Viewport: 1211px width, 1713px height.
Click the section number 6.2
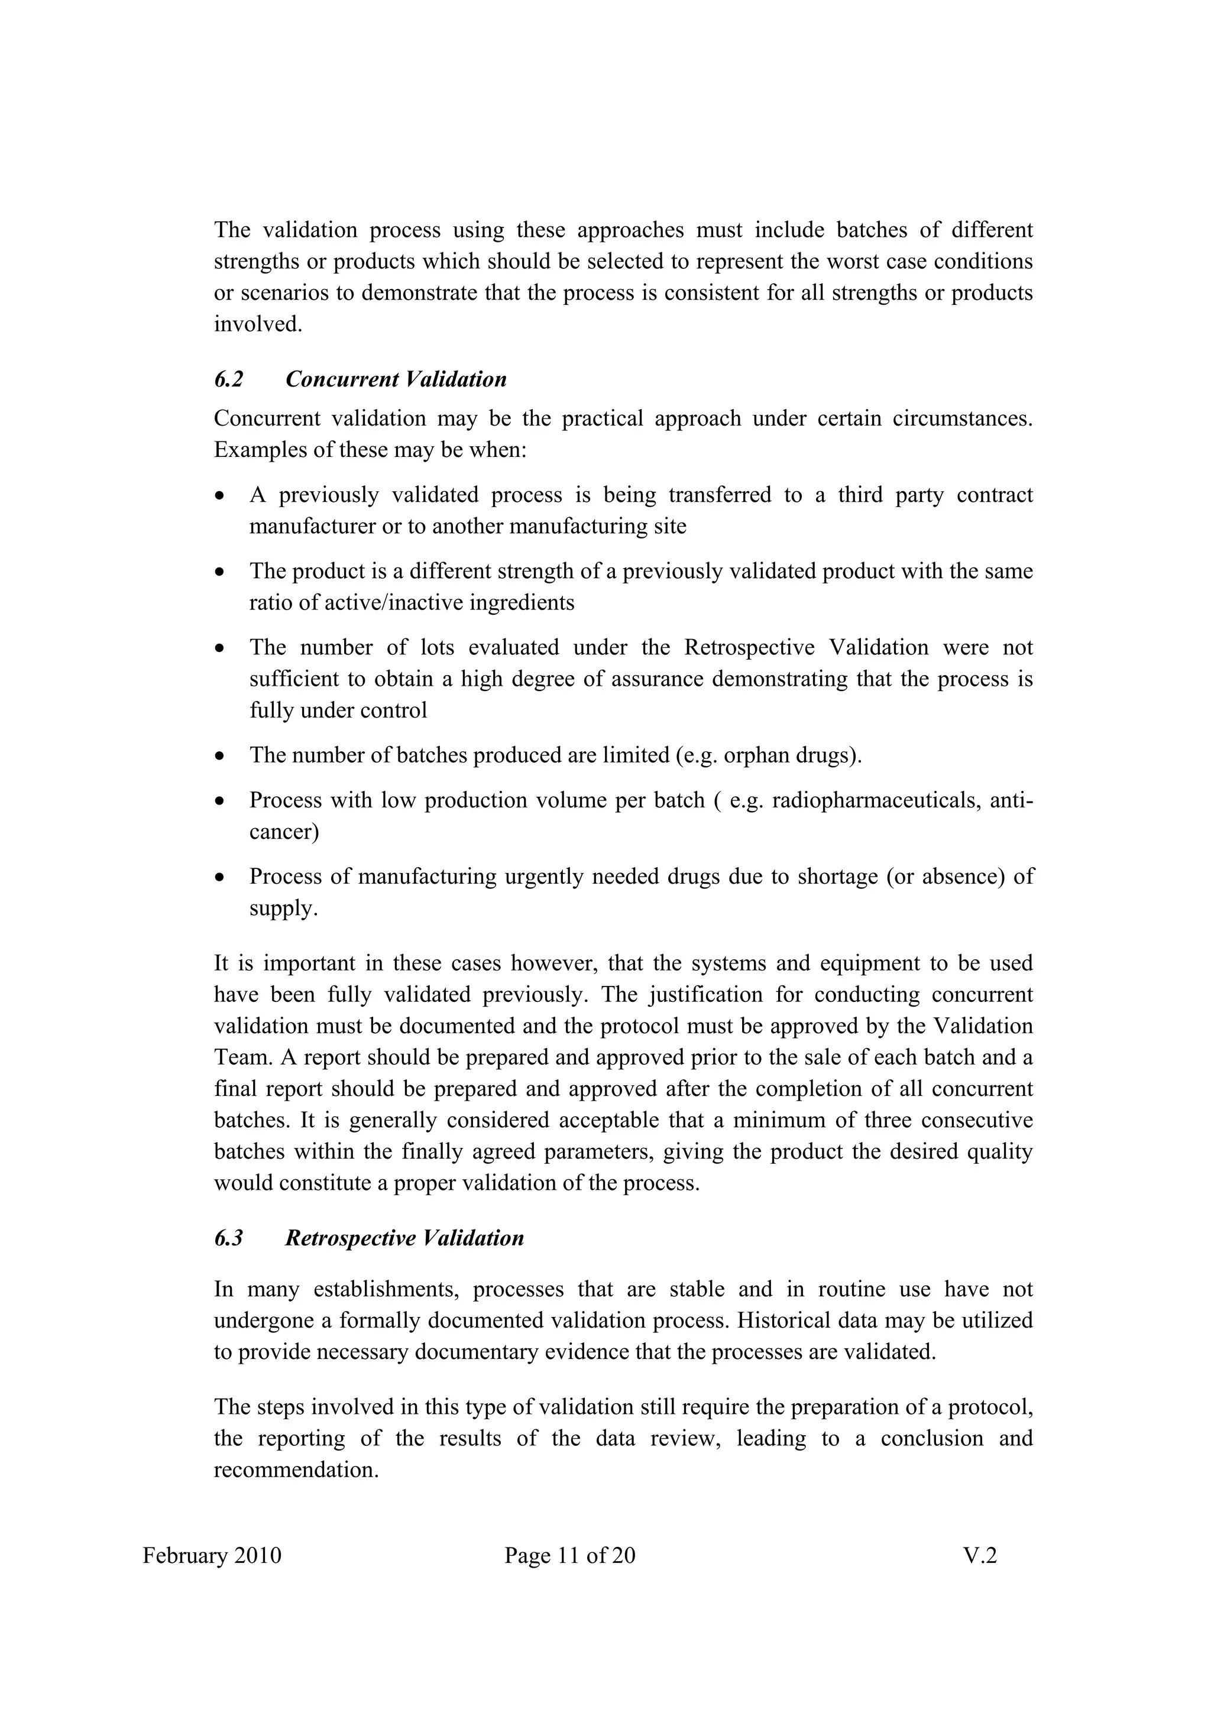pos(228,379)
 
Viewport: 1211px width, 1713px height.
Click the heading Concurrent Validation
pos(396,379)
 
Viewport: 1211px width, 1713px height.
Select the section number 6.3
pos(228,1238)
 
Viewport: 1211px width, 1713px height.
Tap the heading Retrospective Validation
pos(404,1238)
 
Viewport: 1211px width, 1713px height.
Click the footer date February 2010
pos(212,1556)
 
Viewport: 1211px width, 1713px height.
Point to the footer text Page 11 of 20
pos(569,1556)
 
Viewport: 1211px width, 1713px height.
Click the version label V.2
pos(979,1556)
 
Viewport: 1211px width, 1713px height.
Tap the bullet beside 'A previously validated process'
pos(219,496)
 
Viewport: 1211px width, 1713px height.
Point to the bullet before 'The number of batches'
pos(219,757)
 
